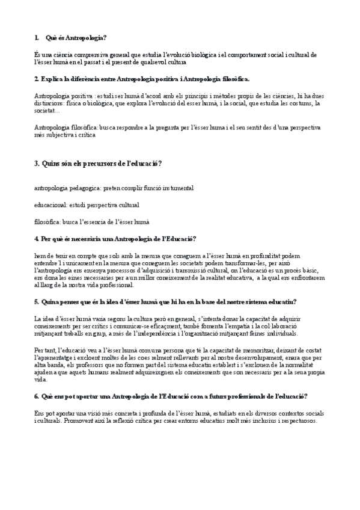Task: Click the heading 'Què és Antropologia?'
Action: (x=76, y=38)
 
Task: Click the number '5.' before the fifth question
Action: (x=37, y=302)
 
